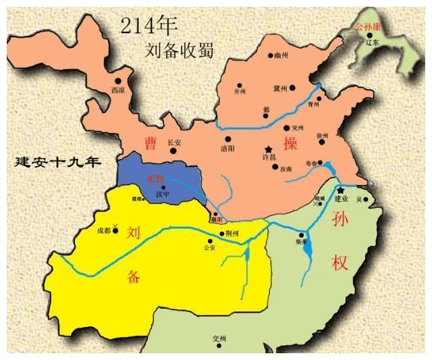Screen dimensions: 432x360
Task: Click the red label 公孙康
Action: (x=369, y=28)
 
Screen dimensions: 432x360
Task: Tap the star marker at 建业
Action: (x=341, y=190)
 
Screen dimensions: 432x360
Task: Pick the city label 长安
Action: (x=174, y=142)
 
